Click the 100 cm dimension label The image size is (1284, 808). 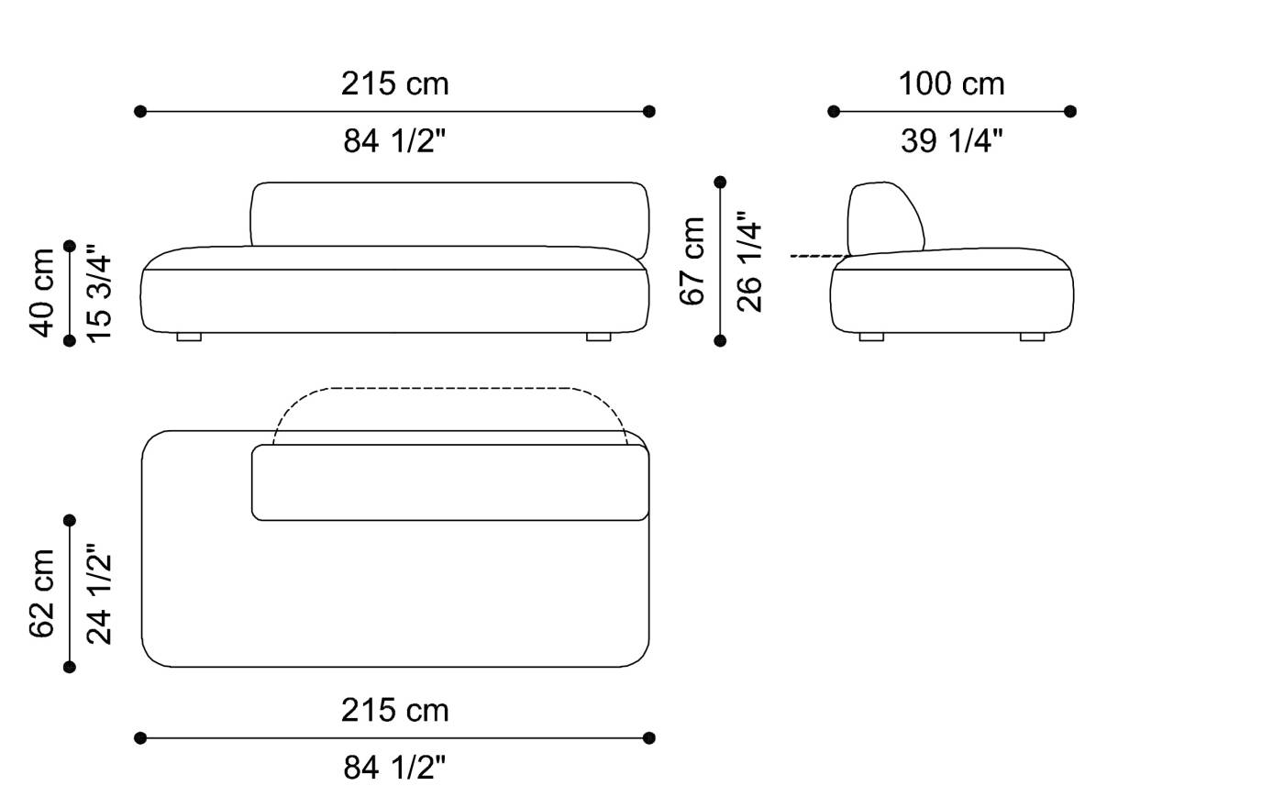[x=951, y=84]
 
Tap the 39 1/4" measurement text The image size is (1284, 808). [x=951, y=141]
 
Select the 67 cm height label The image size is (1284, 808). [x=694, y=260]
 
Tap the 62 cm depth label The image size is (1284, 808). [x=43, y=592]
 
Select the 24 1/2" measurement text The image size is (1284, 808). [x=98, y=592]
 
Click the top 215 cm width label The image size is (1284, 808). [x=395, y=84]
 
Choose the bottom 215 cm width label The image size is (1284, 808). [x=395, y=711]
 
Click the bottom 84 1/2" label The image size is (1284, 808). [x=395, y=768]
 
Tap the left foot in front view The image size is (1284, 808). [x=189, y=338]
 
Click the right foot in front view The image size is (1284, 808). [x=598, y=338]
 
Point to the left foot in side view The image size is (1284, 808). [x=871, y=338]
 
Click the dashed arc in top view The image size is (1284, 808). [x=449, y=390]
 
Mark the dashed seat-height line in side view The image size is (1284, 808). [x=819, y=256]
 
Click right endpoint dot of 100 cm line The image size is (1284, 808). [x=1069, y=111]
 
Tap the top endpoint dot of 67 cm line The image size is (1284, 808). [x=720, y=183]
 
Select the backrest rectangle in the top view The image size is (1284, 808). [x=449, y=483]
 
